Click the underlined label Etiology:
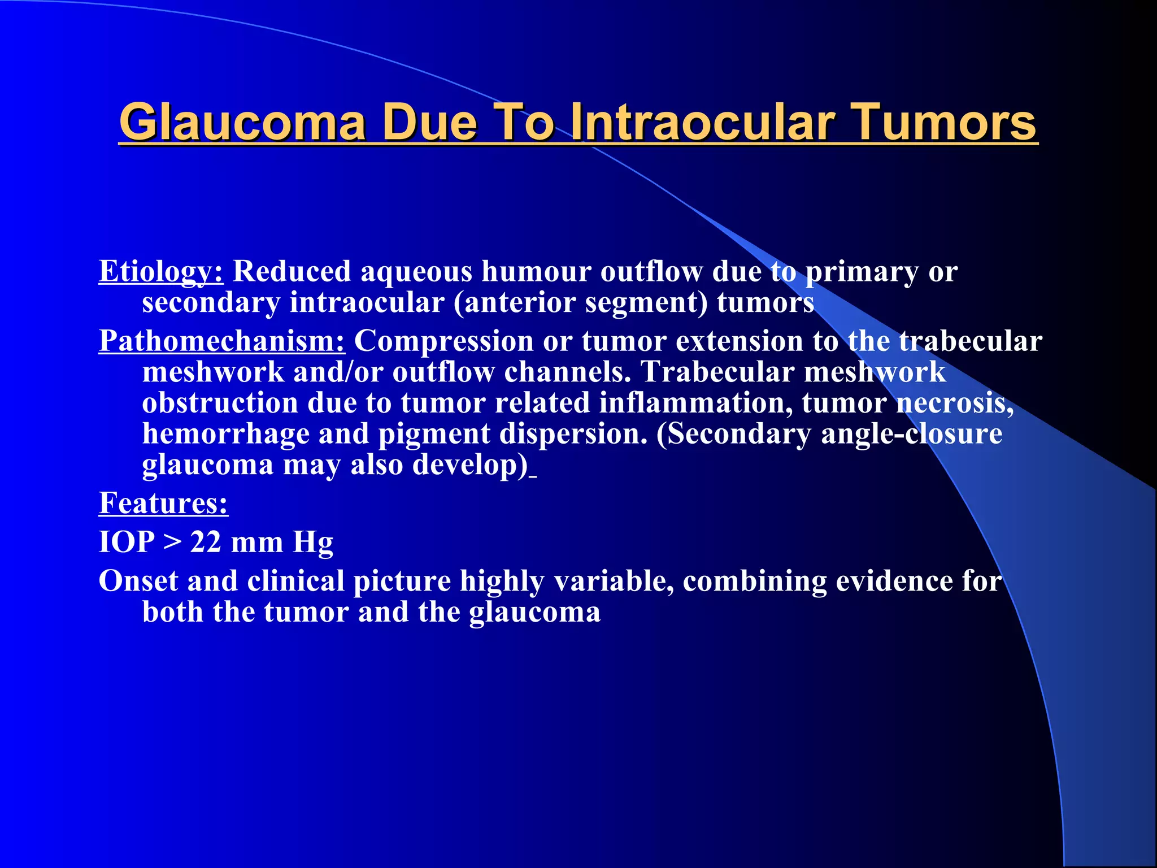(x=161, y=272)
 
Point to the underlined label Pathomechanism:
(x=222, y=341)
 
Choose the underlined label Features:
(x=163, y=503)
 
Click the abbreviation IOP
(x=127, y=542)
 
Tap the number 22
(x=206, y=542)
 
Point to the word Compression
(x=444, y=341)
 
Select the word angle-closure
(x=911, y=434)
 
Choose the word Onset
(x=138, y=581)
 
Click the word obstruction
(x=220, y=403)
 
